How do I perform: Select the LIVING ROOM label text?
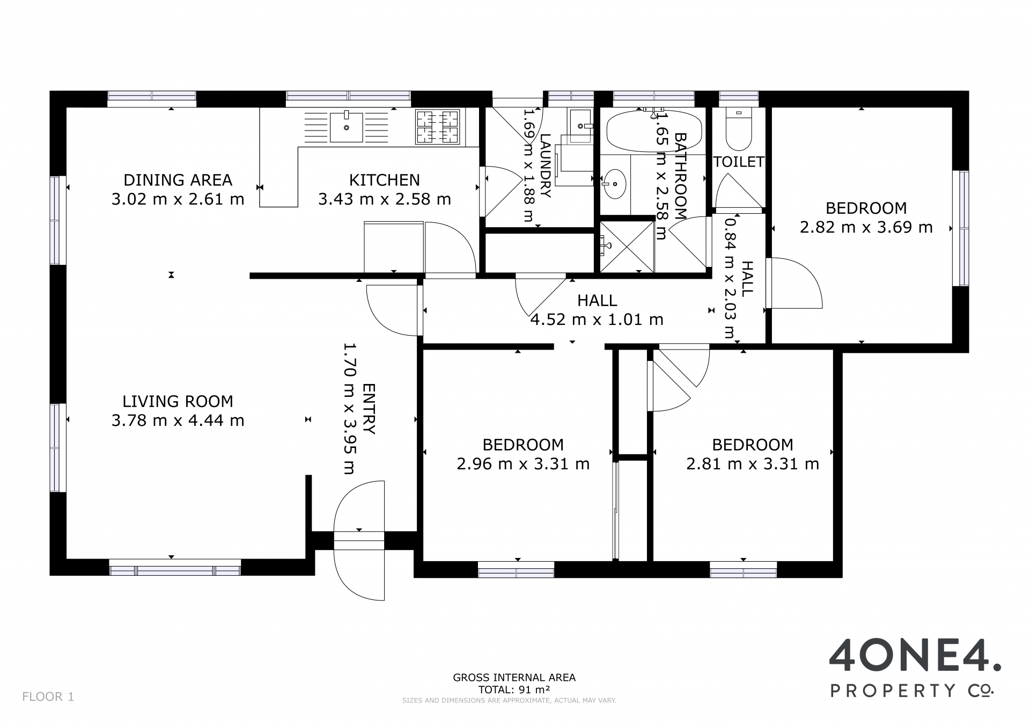(178, 401)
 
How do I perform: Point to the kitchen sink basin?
(346, 127)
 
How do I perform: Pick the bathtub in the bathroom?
(654, 131)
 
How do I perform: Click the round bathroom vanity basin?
(614, 184)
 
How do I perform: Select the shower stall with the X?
(627, 246)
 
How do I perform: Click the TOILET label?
(739, 162)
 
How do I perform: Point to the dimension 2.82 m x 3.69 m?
(866, 227)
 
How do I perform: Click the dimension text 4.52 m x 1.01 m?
(597, 320)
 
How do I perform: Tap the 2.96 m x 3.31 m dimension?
(523, 463)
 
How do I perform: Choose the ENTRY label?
(369, 409)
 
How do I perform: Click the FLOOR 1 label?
(48, 697)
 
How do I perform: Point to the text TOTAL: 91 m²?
(514, 690)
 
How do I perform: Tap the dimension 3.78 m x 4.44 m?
(178, 420)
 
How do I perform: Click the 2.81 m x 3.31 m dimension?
(753, 463)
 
